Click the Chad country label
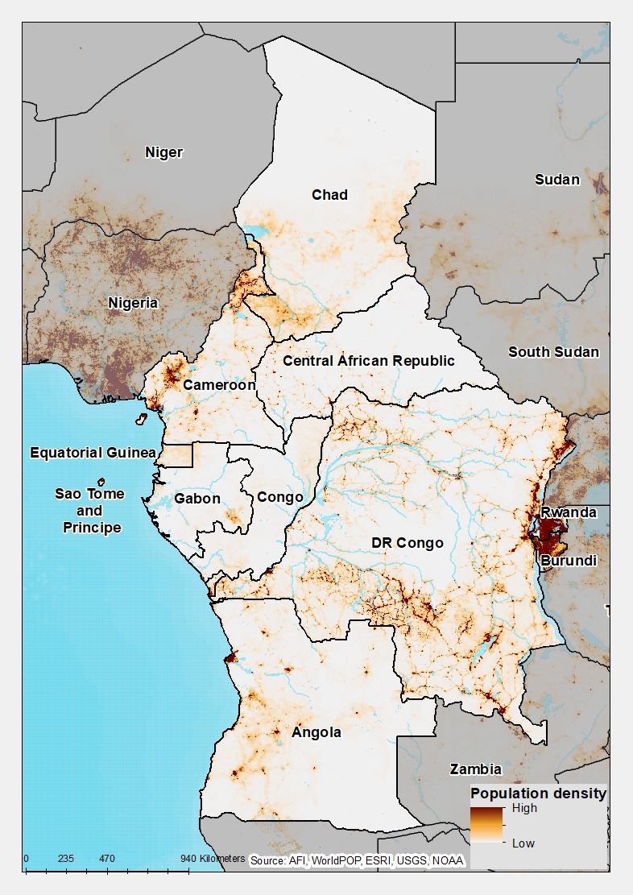[330, 194]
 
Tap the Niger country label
[163, 152]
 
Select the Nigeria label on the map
[134, 303]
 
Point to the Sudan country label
[557, 179]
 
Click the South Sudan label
[553, 351]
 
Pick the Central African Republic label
[368, 360]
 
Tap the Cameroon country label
[219, 384]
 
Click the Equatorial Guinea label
[93, 453]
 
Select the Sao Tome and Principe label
[89, 511]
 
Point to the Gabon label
[197, 499]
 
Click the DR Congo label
[408, 543]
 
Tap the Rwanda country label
[569, 512]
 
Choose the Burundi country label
[569, 560]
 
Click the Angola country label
[316, 732]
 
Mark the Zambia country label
[476, 769]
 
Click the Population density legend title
[538, 793]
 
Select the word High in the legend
[524, 808]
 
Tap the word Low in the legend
[523, 843]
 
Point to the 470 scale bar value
[106, 859]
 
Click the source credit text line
[357, 860]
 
